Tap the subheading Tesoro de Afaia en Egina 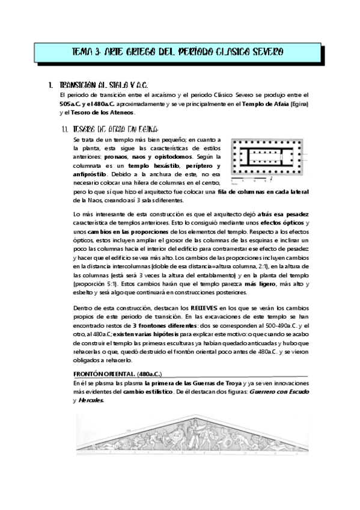click(114, 129)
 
